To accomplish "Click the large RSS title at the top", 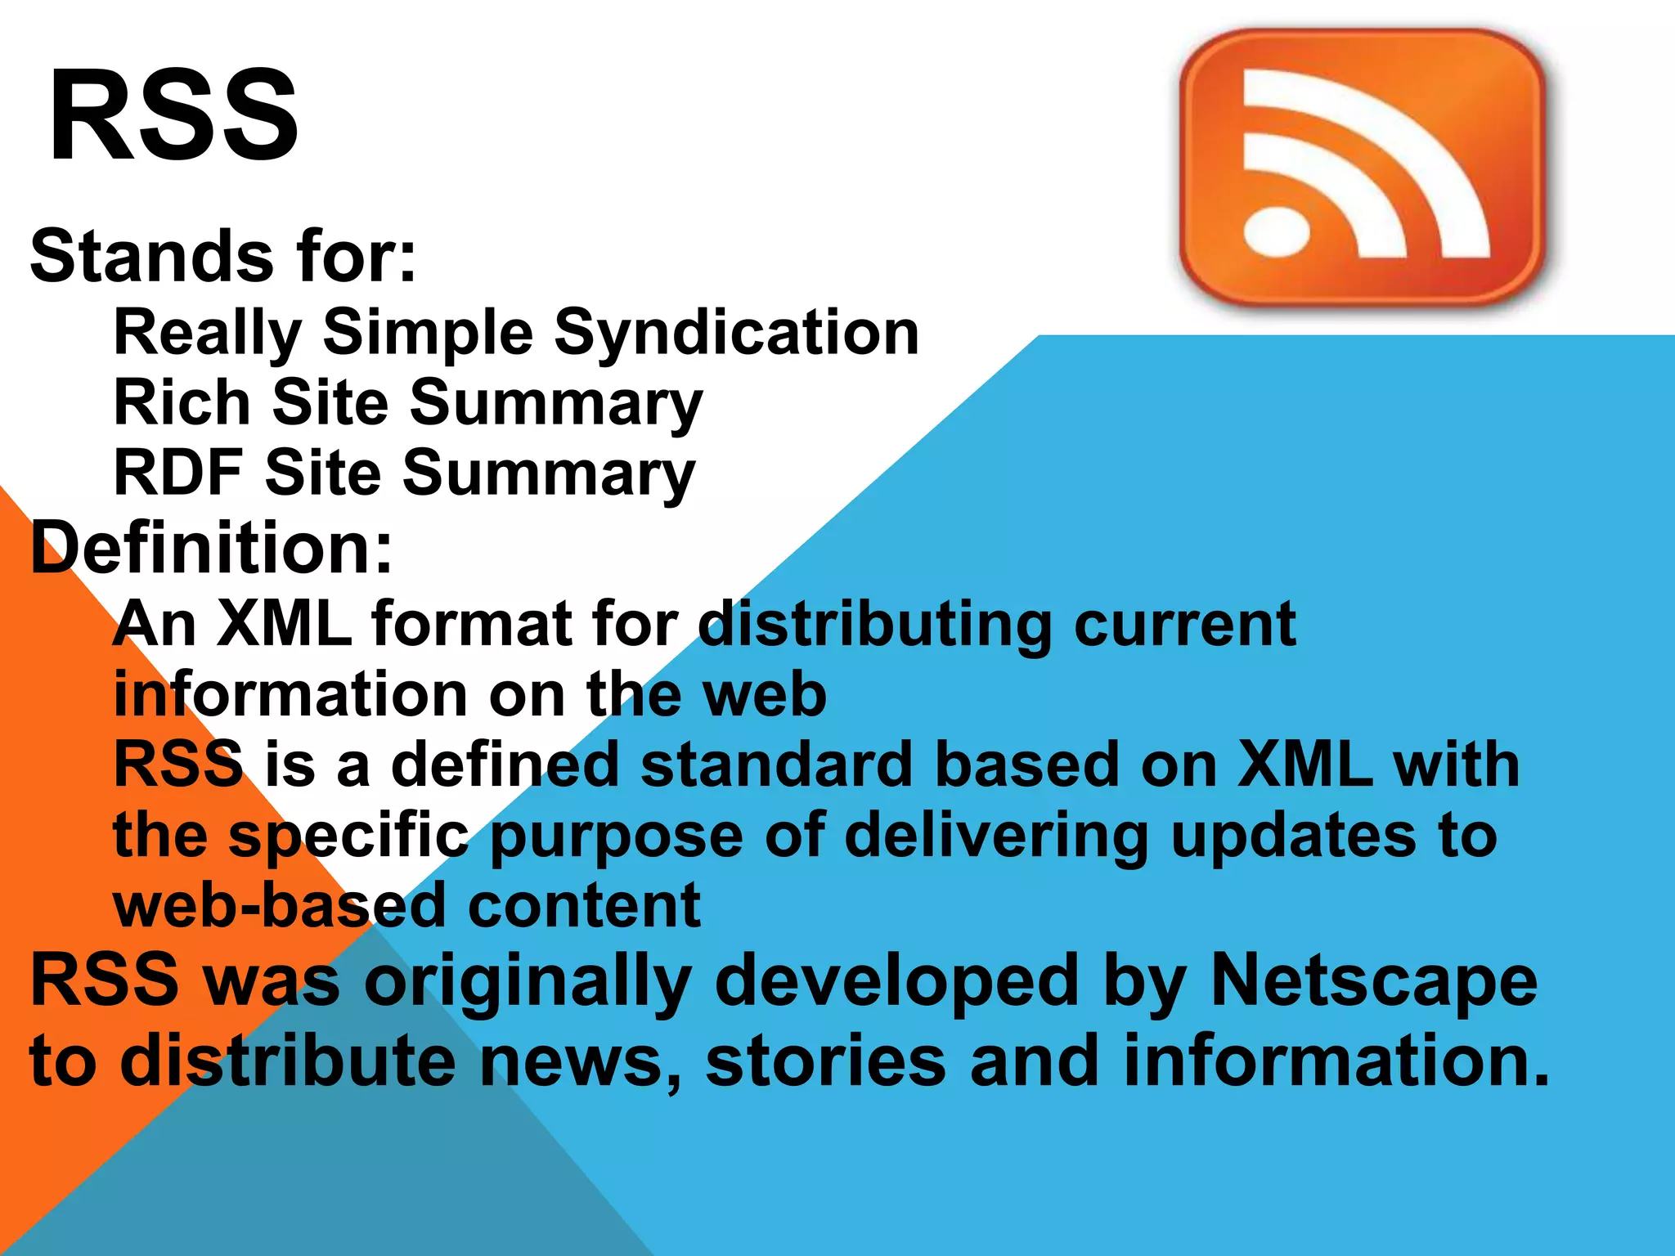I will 173,114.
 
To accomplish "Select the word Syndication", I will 737,333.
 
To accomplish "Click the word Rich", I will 182,402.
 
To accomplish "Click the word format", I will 472,624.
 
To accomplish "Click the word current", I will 1185,624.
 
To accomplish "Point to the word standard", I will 776,765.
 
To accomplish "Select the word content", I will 584,905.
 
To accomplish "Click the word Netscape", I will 1374,980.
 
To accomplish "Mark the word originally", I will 528,980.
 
